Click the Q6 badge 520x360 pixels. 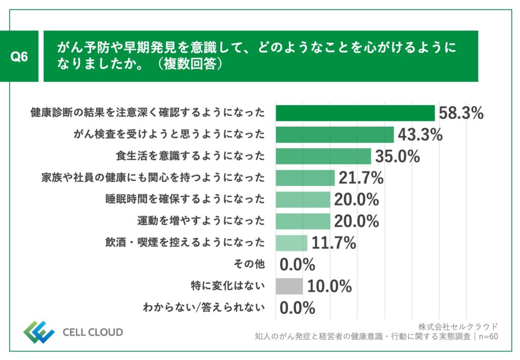pyautogui.click(x=19, y=56)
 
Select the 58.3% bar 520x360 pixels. pyautogui.click(x=355, y=113)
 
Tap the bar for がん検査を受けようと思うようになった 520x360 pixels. pyautogui.click(x=335, y=135)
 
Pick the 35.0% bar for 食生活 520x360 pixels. pyautogui.click(x=323, y=156)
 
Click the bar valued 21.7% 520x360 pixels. pyautogui.click(x=305, y=178)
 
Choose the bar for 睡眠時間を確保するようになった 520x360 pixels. pyautogui.click(x=303, y=200)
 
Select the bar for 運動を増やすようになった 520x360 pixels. pyautogui.click(x=303, y=221)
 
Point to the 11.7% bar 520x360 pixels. pyautogui.click(x=291, y=243)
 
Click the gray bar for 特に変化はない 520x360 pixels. pyautogui.click(x=289, y=286)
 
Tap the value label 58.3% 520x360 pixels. pyautogui.click(x=461, y=113)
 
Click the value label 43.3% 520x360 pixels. pyautogui.click(x=420, y=135)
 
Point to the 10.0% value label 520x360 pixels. pyautogui.click(x=329, y=286)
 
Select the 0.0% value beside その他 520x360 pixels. pyautogui.click(x=298, y=265)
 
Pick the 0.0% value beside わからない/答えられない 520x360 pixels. pyautogui.click(x=298, y=308)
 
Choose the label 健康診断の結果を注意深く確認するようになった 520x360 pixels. pyautogui.click(x=148, y=113)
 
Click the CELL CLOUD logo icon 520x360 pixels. pyautogui.click(x=39, y=333)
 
